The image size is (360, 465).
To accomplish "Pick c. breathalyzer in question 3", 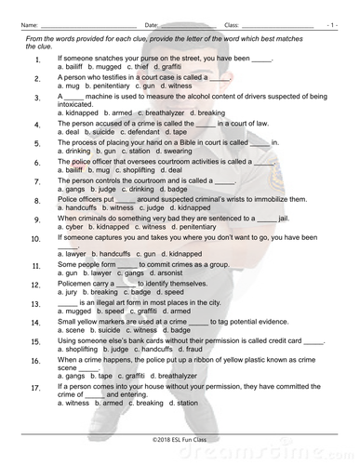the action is (x=167, y=112).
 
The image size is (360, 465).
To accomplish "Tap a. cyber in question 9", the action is (x=70, y=226).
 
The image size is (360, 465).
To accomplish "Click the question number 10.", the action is (x=35, y=238).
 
